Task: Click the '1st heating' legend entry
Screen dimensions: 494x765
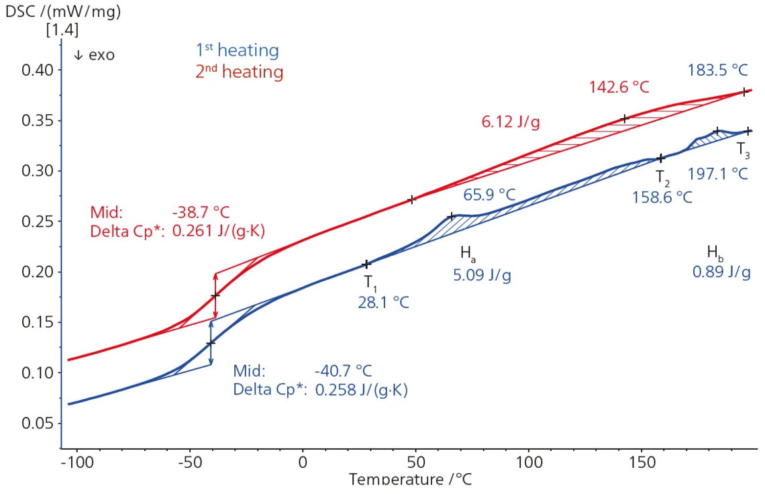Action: coord(237,50)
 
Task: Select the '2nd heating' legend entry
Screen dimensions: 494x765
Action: coord(239,72)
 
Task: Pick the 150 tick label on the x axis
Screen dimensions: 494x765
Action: coord(642,463)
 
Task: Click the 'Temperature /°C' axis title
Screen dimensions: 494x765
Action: coord(411,479)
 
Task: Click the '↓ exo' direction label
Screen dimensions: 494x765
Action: coord(94,55)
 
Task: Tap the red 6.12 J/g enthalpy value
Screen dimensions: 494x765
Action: coord(511,121)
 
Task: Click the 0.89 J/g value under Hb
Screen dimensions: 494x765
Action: coord(721,273)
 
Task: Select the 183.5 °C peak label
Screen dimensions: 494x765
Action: coord(717,70)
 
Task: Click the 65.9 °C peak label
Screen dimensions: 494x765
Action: coord(489,195)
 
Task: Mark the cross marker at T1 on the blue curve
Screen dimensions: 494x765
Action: coord(366,264)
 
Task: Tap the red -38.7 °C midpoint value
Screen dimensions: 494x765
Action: coord(201,213)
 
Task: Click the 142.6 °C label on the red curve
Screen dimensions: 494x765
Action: coord(619,87)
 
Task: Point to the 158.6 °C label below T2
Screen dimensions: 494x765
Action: coord(662,197)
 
